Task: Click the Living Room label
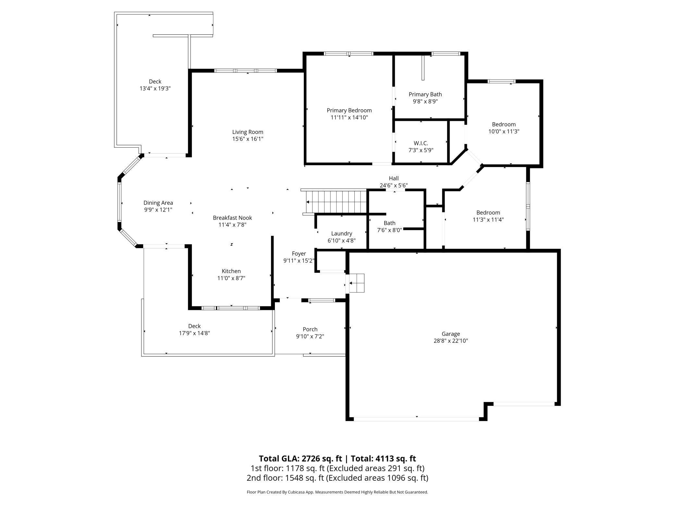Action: pyautogui.click(x=248, y=132)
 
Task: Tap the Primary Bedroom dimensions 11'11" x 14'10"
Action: pyautogui.click(x=349, y=117)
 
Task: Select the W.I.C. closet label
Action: pyautogui.click(x=421, y=143)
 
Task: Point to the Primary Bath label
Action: pyautogui.click(x=425, y=94)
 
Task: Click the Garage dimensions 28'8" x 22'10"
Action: pyautogui.click(x=451, y=341)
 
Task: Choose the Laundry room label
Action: pyautogui.click(x=341, y=234)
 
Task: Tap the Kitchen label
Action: pyautogui.click(x=231, y=271)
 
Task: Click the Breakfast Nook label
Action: pyautogui.click(x=232, y=218)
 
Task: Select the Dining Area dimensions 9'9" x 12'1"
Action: pyautogui.click(x=158, y=210)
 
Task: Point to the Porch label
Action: pyautogui.click(x=310, y=330)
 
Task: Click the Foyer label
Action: pyautogui.click(x=299, y=254)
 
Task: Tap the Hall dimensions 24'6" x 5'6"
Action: pyautogui.click(x=394, y=186)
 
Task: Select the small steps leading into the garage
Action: pyautogui.click(x=356, y=283)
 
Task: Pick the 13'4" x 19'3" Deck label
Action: pyautogui.click(x=155, y=85)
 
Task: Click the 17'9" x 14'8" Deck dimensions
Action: pyautogui.click(x=194, y=333)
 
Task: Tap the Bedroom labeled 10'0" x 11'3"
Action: pyautogui.click(x=504, y=128)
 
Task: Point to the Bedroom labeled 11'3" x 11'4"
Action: pyautogui.click(x=488, y=216)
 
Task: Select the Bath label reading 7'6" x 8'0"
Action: pyautogui.click(x=389, y=226)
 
